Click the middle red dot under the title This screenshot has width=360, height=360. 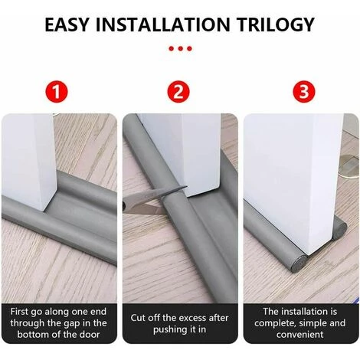coord(180,47)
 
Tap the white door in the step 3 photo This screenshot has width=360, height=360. coord(287,176)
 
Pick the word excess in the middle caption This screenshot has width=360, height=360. coord(191,318)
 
